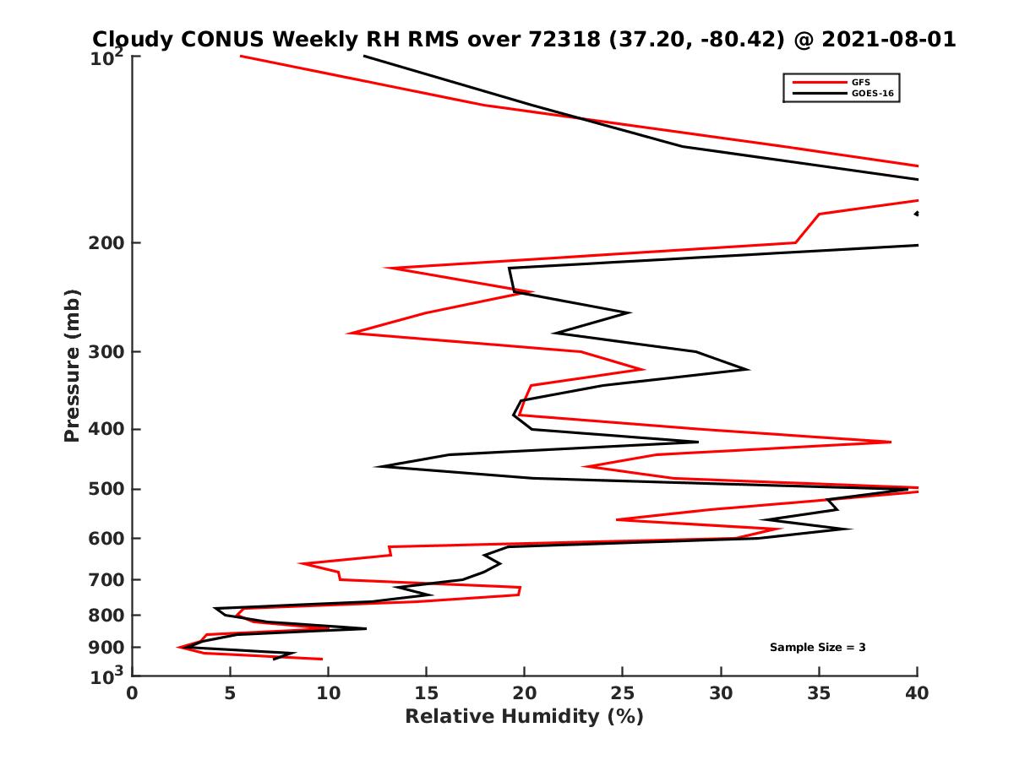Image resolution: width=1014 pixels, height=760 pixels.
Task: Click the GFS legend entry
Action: [x=862, y=82]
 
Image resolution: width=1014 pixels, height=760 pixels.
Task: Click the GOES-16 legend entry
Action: [x=871, y=94]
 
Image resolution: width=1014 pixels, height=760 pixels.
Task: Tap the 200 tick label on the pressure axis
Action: [x=108, y=243]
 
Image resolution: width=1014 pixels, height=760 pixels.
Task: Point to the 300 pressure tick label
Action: [x=108, y=351]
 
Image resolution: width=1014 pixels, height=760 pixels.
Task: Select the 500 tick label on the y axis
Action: [x=108, y=489]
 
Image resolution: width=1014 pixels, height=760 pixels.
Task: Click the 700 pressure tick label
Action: [x=108, y=579]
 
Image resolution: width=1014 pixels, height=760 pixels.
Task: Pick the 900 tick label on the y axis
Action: [x=108, y=648]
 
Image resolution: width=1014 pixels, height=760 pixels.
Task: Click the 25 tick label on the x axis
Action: [x=623, y=693]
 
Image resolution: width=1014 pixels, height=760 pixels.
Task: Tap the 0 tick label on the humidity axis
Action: [x=133, y=693]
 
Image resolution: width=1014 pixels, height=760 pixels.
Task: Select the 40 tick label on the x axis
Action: [x=917, y=693]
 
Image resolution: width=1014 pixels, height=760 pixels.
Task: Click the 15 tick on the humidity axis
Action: [x=427, y=693]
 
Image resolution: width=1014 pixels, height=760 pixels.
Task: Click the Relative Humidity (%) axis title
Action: [x=524, y=717]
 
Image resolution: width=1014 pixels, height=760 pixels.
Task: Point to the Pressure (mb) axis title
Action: [x=72, y=365]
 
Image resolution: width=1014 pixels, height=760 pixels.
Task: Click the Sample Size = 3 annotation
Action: [x=817, y=648]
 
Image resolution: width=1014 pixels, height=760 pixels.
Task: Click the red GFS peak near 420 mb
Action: [x=891, y=442]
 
